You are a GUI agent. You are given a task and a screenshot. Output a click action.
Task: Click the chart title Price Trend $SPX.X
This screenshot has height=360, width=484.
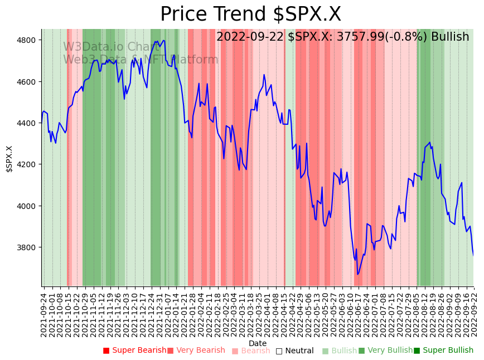click(x=250, y=14)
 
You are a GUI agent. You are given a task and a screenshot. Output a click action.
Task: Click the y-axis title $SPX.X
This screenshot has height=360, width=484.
click(x=9, y=159)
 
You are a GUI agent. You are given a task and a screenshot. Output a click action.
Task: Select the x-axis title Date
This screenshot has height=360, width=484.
click(x=258, y=343)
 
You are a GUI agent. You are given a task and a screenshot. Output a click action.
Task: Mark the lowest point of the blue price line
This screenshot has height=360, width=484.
click(x=358, y=274)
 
